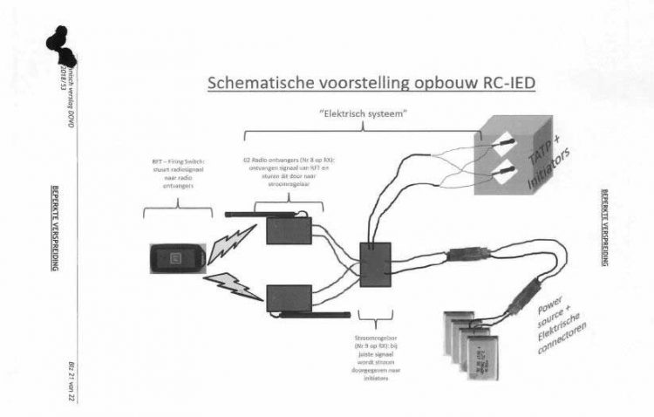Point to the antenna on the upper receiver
262,212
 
